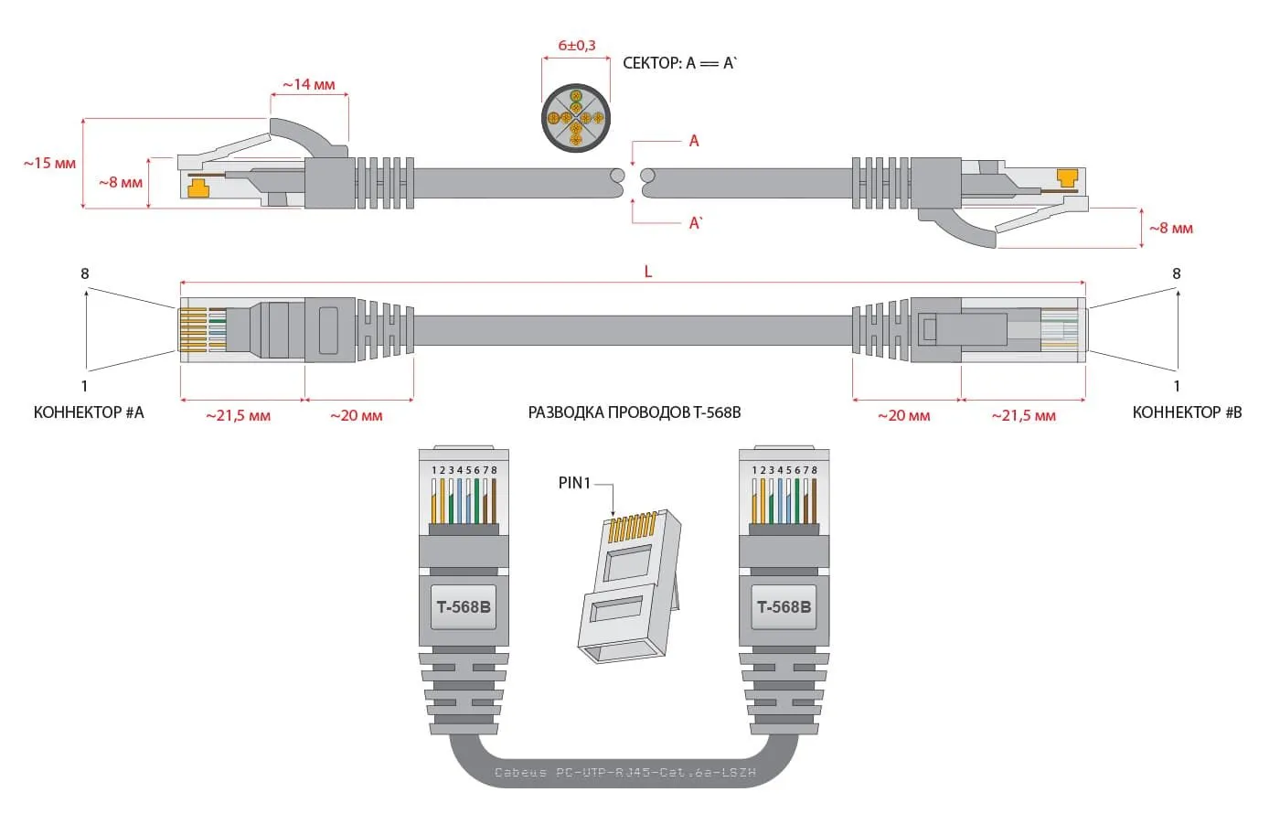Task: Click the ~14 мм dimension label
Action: tap(309, 85)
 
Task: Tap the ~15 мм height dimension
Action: tap(50, 164)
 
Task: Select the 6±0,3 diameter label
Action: tap(577, 45)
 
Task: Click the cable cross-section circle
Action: tap(576, 119)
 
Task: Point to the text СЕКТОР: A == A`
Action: tap(679, 63)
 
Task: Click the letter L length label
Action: tap(648, 272)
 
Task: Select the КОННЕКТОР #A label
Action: tap(89, 412)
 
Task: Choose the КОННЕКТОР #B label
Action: tap(1187, 412)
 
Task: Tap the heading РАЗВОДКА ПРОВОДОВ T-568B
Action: tap(635, 412)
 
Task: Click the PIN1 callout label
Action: tap(574, 483)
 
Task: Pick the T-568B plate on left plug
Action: tap(464, 607)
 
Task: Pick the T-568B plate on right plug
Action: tap(784, 607)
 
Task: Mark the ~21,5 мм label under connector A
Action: tap(238, 416)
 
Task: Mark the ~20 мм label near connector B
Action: tap(903, 416)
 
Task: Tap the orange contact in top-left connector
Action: tap(197, 188)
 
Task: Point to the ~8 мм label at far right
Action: tap(1171, 228)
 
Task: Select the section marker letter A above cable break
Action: tap(694, 141)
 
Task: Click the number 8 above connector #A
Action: tap(85, 273)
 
